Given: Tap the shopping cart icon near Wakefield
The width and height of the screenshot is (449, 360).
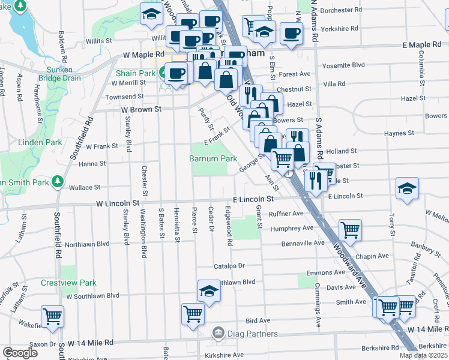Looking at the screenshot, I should pos(52,316).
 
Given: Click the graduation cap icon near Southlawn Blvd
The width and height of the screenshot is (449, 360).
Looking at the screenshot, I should pos(208,291).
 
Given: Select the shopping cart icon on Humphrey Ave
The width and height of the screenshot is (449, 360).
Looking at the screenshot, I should pos(350,229).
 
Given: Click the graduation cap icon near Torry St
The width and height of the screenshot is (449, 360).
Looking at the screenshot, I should pos(407,188).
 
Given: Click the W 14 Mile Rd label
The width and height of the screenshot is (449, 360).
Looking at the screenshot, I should pos(91,343).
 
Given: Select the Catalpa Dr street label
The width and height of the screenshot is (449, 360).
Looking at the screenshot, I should pos(229,266).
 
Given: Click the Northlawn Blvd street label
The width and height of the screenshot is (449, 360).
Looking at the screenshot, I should pos(87,244).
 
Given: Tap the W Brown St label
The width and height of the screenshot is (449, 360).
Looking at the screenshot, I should pos(142,110).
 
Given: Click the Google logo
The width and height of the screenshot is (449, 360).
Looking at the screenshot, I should pos(20,353).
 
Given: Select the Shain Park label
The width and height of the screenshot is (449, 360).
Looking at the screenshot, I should pos(136,73).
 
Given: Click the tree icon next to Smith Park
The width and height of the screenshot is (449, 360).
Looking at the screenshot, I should pos(57,180).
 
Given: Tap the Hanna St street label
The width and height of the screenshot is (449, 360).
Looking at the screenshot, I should pos(92,163).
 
